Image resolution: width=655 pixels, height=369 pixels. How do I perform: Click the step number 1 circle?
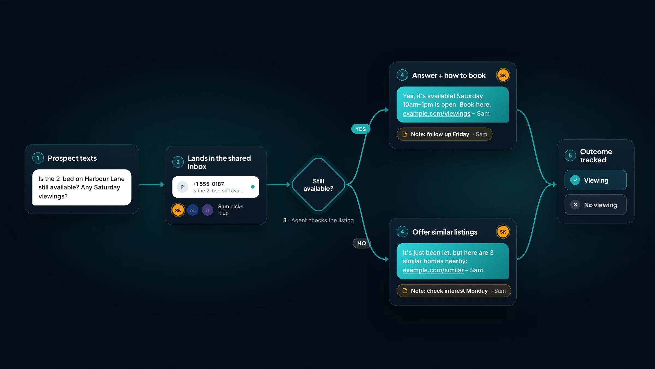point(38,158)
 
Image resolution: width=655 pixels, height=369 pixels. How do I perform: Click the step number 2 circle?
point(178,162)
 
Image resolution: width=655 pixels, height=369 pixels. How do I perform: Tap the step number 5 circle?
point(570,156)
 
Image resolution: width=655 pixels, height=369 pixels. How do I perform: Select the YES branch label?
point(361,129)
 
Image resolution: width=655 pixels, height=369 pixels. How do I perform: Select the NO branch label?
point(362,243)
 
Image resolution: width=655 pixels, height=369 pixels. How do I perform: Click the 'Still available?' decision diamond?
point(318,184)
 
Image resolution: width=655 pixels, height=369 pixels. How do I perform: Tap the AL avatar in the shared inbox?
point(193,210)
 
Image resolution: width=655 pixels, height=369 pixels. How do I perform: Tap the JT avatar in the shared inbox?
point(207,210)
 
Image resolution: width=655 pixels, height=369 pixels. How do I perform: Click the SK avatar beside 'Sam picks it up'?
point(178,210)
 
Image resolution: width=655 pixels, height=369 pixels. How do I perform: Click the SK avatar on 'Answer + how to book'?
point(503,75)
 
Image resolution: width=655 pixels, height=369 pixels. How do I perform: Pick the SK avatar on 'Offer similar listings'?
point(503,232)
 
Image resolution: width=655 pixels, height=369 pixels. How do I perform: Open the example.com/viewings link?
point(436,113)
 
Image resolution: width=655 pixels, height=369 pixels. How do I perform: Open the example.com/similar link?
point(433,270)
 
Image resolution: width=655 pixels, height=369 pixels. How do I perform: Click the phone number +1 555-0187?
point(208,184)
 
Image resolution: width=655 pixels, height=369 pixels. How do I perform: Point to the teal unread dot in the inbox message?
point(253,187)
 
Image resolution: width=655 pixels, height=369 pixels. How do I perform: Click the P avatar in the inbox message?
point(183,187)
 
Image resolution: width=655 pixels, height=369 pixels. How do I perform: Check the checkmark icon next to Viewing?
point(575,180)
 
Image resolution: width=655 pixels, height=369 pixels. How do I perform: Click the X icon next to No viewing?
point(575,204)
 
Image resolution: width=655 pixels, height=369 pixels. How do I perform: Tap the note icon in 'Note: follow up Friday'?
point(405,134)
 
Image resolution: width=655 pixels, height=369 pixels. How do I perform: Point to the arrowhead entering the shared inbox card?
point(162,184)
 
